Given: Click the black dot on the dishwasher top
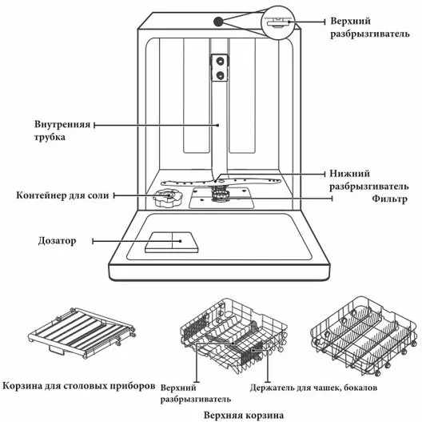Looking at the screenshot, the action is click(x=218, y=22).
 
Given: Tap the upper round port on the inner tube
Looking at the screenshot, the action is click(x=220, y=61).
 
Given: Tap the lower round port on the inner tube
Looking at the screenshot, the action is click(x=220, y=75).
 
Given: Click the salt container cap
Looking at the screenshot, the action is click(x=167, y=198).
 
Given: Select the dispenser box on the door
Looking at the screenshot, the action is click(x=172, y=242).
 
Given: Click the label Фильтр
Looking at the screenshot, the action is click(x=389, y=199).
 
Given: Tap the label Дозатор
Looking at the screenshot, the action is click(x=57, y=241).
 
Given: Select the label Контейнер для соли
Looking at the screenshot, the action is click(x=62, y=195).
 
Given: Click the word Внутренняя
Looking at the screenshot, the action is click(x=62, y=125).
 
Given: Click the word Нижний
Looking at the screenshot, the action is click(x=349, y=174).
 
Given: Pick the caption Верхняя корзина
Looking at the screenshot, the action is click(x=244, y=415).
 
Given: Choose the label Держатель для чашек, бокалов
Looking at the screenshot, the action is click(x=313, y=388).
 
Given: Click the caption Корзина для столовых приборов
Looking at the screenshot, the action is click(x=79, y=386).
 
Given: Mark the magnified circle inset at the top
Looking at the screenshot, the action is click(x=278, y=23).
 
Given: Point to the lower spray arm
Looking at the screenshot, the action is click(x=221, y=182).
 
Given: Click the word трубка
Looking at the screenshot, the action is click(x=50, y=137).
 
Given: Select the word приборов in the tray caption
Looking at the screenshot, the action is click(x=133, y=386).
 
